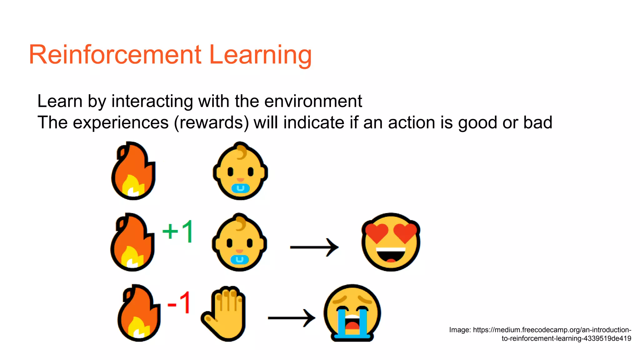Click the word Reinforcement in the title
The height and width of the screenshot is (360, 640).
pyautogui.click(x=115, y=55)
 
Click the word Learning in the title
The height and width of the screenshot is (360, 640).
pyautogui.click(x=260, y=55)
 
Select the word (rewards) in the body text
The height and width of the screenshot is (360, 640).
pyautogui.click(x=211, y=122)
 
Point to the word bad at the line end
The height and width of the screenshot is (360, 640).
pyautogui.click(x=538, y=122)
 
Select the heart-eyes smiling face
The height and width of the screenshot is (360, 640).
pyautogui.click(x=391, y=242)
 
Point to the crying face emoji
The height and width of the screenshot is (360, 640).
pyautogui.click(x=352, y=313)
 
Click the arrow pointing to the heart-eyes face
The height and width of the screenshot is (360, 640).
pyautogui.click(x=314, y=247)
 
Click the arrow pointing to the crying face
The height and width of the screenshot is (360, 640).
pyautogui.click(x=292, y=318)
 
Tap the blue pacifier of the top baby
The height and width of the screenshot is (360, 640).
pyautogui.click(x=240, y=188)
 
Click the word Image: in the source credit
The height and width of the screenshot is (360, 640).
pyautogui.click(x=460, y=330)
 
